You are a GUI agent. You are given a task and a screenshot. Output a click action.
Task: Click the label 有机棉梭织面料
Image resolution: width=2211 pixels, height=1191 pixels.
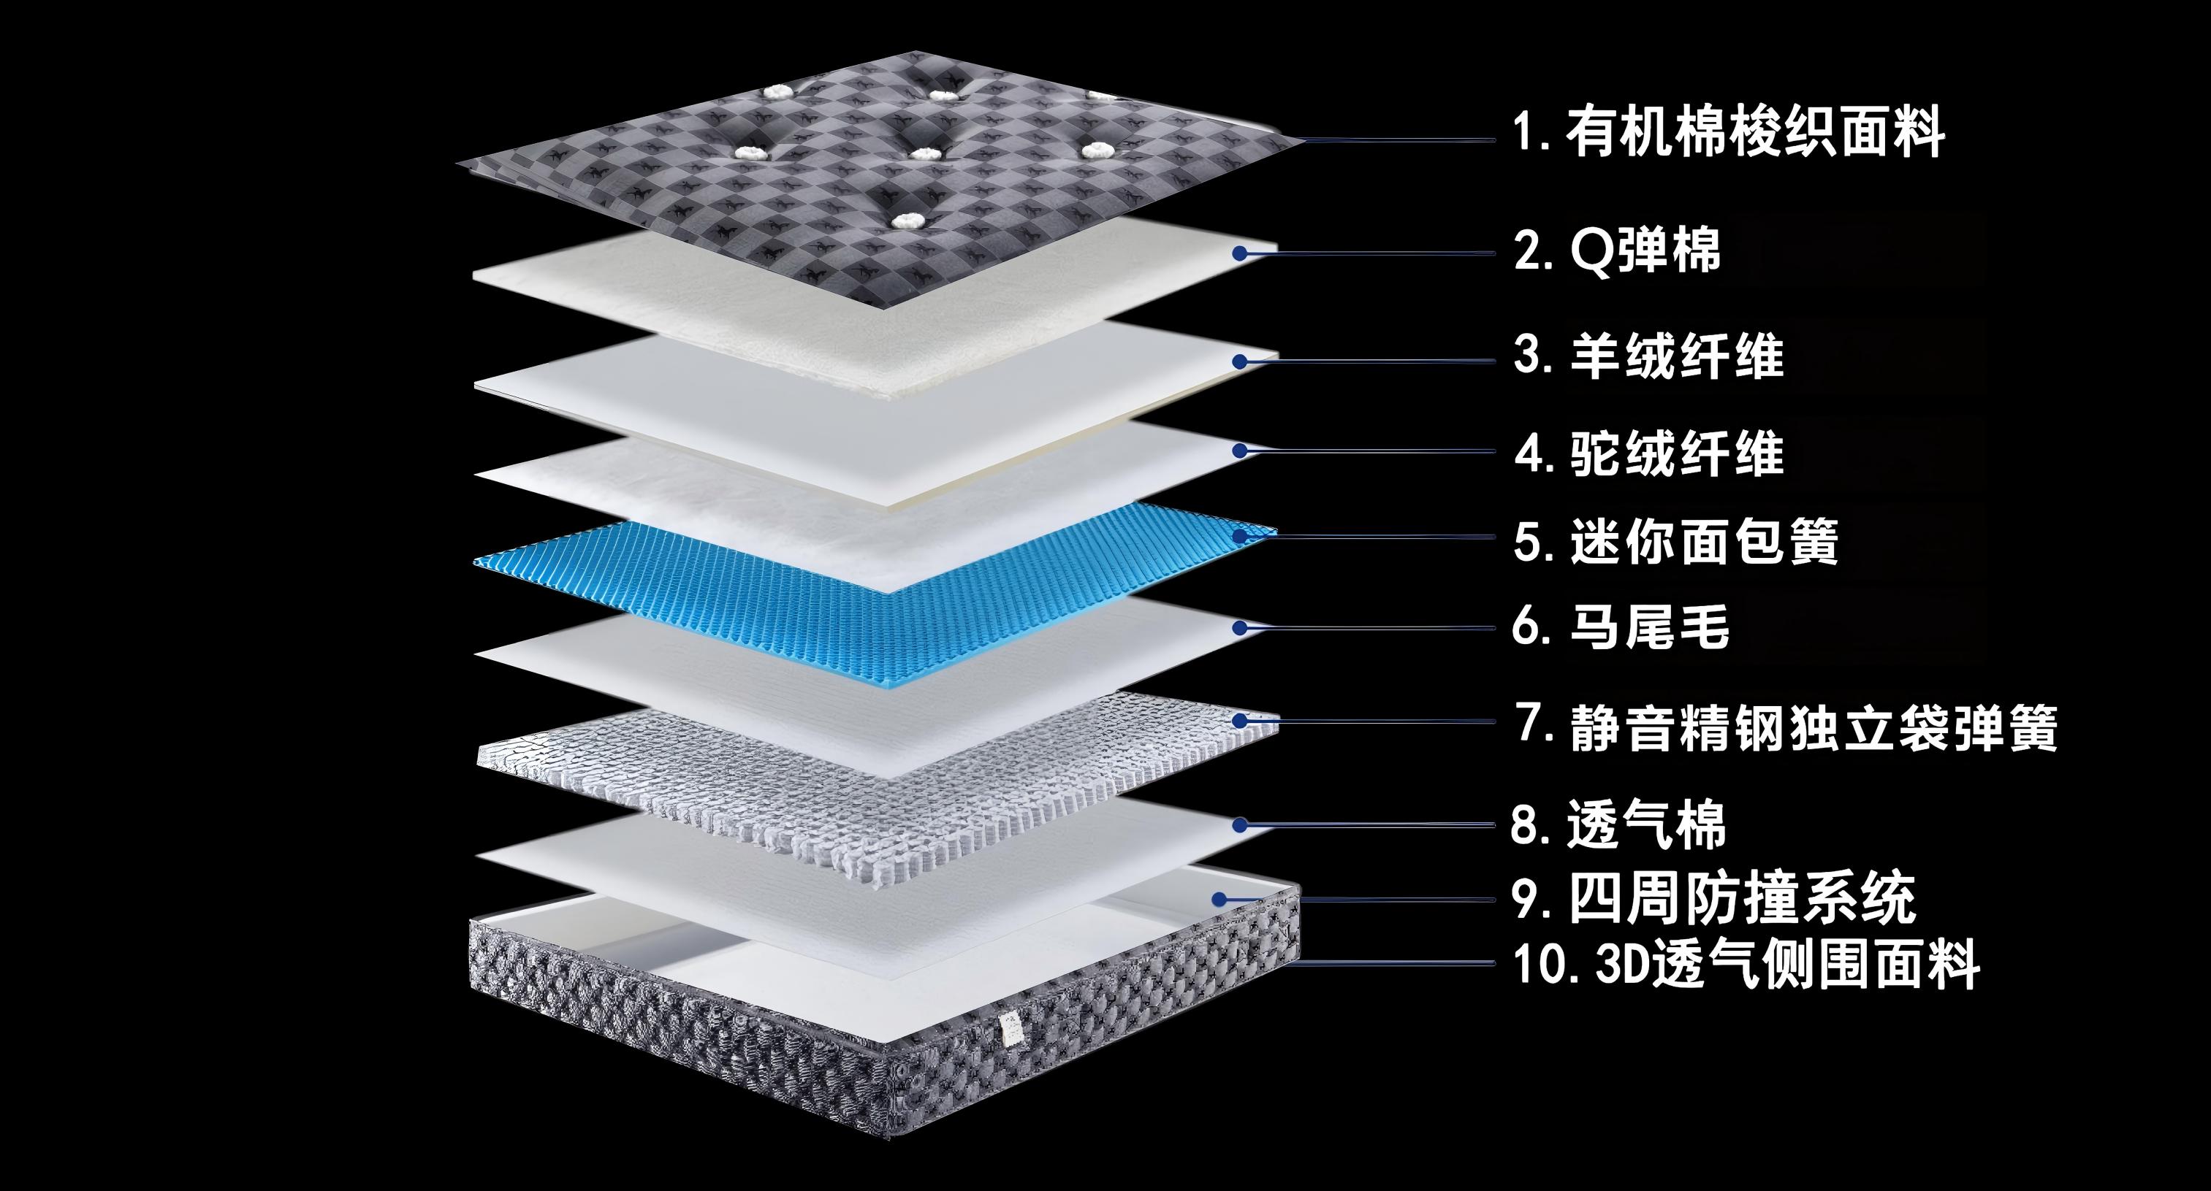[1755, 133]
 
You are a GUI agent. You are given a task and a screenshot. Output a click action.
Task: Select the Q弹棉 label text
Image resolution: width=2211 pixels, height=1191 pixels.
[1645, 251]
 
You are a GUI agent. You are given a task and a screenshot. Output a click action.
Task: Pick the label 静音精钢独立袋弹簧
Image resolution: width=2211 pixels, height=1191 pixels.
[1814, 727]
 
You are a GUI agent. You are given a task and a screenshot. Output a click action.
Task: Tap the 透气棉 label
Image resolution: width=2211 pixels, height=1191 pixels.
[1646, 824]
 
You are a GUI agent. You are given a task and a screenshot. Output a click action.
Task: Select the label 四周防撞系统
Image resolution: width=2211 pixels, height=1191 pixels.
[1743, 898]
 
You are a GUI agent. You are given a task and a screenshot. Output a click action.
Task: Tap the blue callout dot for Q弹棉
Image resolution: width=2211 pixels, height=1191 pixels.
[1239, 253]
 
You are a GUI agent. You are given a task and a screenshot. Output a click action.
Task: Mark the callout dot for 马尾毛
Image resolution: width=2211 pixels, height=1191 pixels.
[1239, 628]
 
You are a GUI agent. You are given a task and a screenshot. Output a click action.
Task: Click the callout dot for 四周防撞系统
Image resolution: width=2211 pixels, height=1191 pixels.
[1219, 898]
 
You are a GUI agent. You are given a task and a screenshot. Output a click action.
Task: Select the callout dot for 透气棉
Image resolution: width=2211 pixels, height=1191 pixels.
[1239, 824]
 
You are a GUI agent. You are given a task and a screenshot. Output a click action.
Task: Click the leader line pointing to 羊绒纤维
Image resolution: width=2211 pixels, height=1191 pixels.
[1374, 361]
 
